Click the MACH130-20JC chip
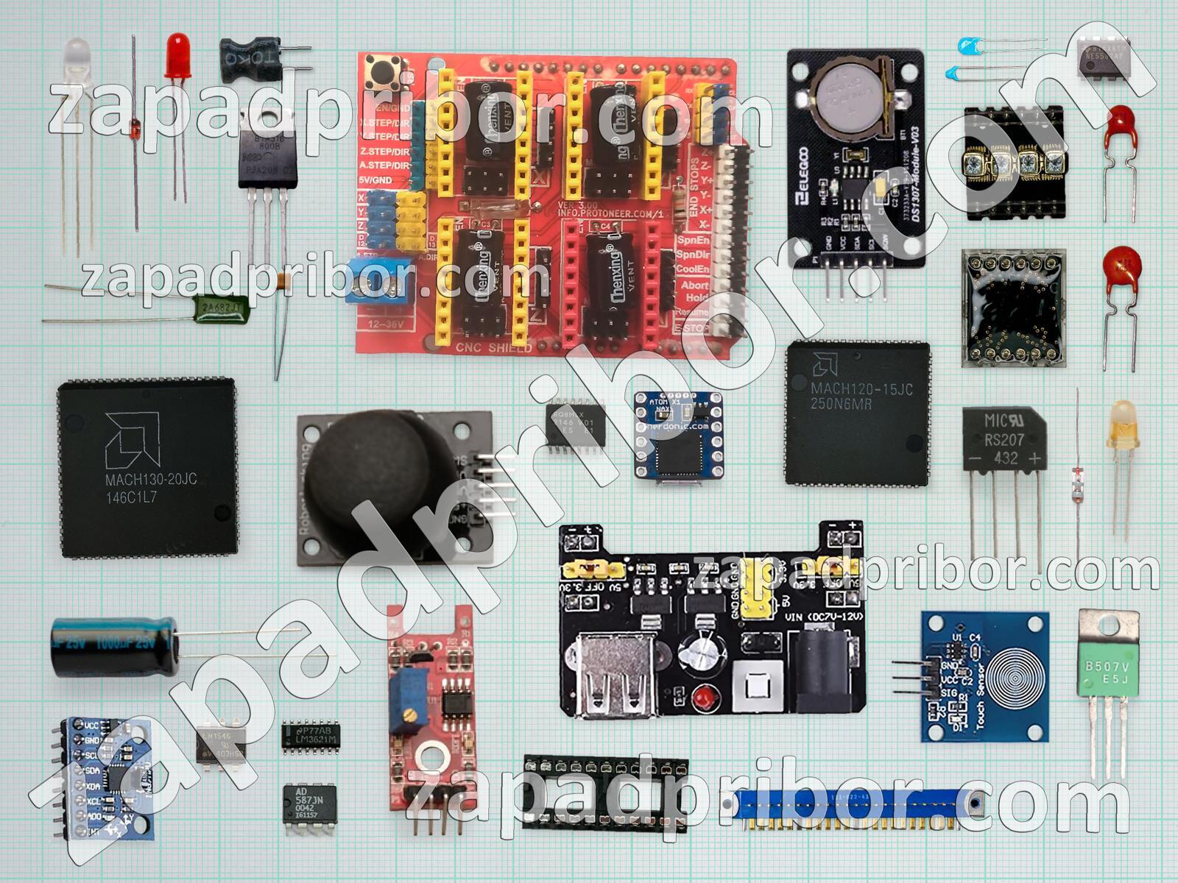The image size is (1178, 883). point(147,468)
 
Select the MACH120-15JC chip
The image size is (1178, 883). point(857,412)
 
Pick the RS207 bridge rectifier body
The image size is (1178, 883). point(1004,440)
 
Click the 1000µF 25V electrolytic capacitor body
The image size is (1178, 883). point(114,646)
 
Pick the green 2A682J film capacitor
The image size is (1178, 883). point(222,308)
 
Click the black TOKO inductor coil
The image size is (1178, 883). point(250,60)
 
